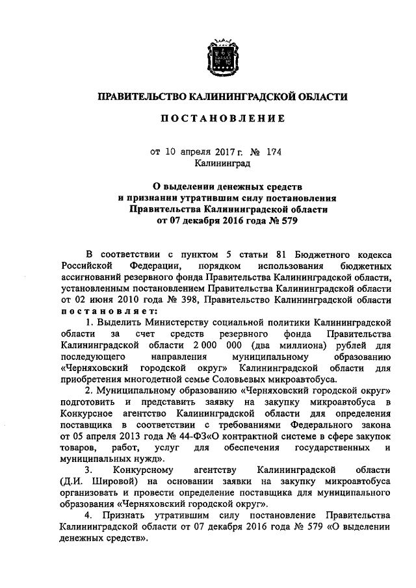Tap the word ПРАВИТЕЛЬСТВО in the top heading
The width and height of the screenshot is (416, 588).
coord(141,97)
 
